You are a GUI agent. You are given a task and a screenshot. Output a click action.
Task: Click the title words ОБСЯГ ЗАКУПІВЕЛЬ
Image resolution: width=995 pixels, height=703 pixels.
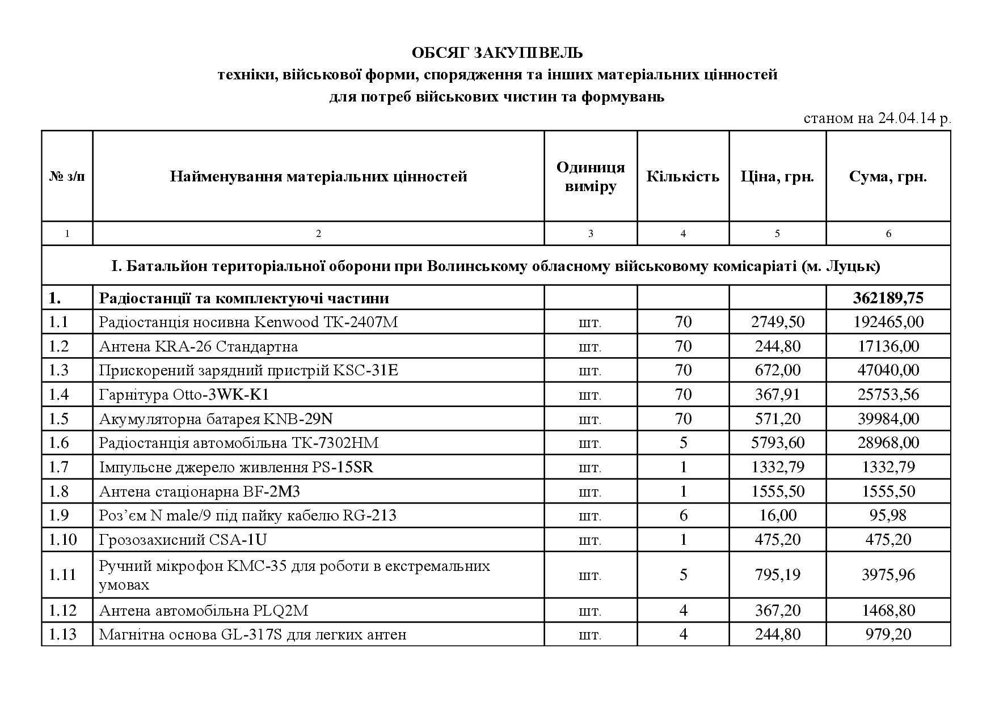pyautogui.click(x=497, y=53)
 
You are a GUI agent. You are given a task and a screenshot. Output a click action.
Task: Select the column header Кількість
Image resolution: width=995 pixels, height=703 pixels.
pyautogui.click(x=682, y=176)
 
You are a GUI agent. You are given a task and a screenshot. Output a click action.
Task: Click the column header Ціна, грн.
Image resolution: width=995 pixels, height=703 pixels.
pyautogui.click(x=777, y=176)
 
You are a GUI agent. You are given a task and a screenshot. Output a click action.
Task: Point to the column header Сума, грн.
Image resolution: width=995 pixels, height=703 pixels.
pyautogui.click(x=888, y=176)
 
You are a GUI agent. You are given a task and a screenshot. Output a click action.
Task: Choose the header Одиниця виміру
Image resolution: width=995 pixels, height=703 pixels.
pyautogui.click(x=590, y=176)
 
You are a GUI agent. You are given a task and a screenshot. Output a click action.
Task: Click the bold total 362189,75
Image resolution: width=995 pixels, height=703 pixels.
pyautogui.click(x=888, y=298)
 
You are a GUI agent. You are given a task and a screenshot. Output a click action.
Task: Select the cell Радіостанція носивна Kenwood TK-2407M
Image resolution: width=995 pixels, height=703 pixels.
pyautogui.click(x=248, y=322)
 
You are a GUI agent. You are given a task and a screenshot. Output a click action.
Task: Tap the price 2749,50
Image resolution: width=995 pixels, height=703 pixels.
pyautogui.click(x=777, y=322)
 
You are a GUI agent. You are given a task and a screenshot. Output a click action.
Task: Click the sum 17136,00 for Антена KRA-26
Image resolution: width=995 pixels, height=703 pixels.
pyautogui.click(x=888, y=346)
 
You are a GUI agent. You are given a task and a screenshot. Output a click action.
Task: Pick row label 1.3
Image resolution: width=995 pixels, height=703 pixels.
pyautogui.click(x=59, y=370)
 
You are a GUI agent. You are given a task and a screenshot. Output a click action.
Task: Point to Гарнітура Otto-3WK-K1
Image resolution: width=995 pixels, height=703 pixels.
pyautogui.click(x=184, y=395)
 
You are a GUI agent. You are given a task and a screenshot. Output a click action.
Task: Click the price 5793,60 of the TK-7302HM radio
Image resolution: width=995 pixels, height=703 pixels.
pyautogui.click(x=777, y=443)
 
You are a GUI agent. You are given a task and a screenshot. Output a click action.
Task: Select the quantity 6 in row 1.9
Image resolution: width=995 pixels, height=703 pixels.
pyautogui.click(x=683, y=515)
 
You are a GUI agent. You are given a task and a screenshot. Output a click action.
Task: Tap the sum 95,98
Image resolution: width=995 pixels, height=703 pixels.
pyautogui.click(x=888, y=515)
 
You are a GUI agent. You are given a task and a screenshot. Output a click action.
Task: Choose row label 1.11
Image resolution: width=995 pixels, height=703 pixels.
pyautogui.click(x=62, y=575)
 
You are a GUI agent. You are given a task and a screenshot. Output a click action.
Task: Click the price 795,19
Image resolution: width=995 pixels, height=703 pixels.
pyautogui.click(x=777, y=575)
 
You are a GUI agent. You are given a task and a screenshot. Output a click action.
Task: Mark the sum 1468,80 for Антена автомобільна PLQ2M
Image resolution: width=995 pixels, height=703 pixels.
pyautogui.click(x=888, y=611)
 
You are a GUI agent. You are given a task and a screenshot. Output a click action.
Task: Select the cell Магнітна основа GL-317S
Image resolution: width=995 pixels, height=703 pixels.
pyautogui.click(x=252, y=634)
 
